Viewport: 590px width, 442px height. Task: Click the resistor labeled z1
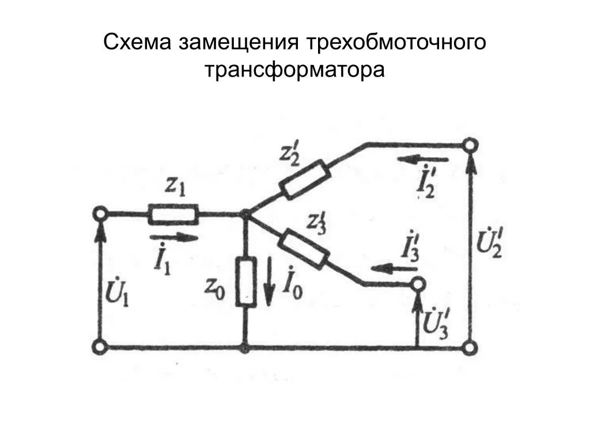[174, 214]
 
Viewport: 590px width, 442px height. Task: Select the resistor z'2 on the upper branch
[304, 180]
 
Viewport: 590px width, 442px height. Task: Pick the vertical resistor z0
[246, 282]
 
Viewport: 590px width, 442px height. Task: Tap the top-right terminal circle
[471, 145]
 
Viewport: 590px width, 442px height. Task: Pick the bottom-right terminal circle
[471, 347]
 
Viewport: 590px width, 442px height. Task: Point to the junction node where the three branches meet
[246, 214]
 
